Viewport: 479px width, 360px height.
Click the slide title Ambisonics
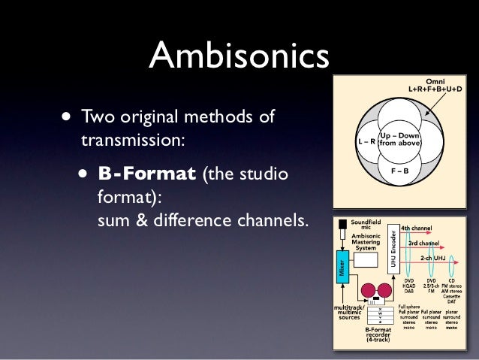(x=239, y=54)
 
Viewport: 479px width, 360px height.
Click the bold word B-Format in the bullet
(x=146, y=174)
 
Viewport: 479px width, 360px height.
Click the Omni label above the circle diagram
(x=435, y=81)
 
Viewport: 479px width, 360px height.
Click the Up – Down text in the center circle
(x=400, y=135)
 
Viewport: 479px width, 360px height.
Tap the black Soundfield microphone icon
(x=343, y=225)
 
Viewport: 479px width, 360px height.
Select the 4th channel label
(x=415, y=227)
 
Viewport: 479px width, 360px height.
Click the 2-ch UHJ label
(x=435, y=258)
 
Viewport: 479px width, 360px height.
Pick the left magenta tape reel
(x=366, y=289)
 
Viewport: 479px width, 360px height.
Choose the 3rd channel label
(x=424, y=243)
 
